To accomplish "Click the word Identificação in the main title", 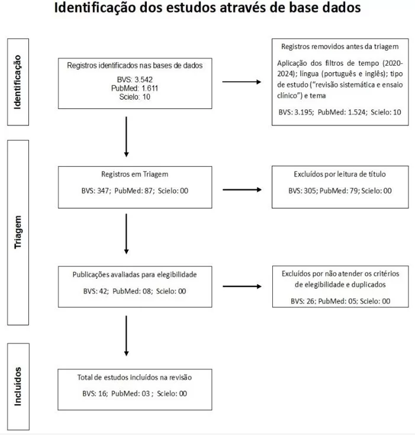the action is click(x=95, y=8).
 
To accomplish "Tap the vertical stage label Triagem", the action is click(x=18, y=232).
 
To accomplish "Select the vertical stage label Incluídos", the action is click(x=18, y=386).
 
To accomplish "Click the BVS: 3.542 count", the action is click(x=134, y=80).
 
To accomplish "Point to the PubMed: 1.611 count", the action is click(x=134, y=88).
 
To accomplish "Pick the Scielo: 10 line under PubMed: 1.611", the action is click(x=134, y=97).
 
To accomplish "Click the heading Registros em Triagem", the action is click(x=134, y=174).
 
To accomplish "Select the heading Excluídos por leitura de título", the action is click(x=340, y=174).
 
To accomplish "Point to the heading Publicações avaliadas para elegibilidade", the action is click(x=134, y=275).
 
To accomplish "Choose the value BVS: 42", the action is click(x=96, y=291).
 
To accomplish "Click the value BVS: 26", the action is click(x=303, y=301).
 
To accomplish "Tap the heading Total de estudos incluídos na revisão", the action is click(x=134, y=378).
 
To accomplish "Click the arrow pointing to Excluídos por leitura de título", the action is click(x=242, y=190).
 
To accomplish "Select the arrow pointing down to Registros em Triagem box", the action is click(x=126, y=137).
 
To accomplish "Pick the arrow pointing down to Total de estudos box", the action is click(x=126, y=336).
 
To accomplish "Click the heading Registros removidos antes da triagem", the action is click(x=340, y=47).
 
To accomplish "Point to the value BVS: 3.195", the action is click(x=296, y=112).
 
